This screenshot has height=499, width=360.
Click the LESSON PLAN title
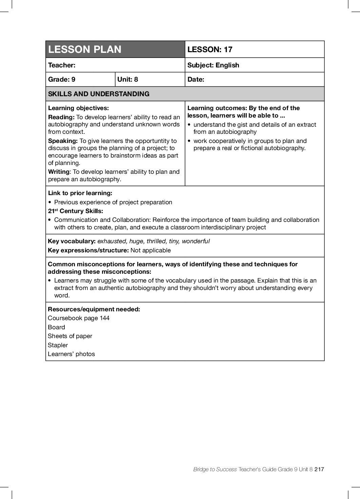click(x=85, y=49)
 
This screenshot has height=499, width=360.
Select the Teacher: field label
click(x=62, y=65)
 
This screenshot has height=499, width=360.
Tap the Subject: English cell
click(x=213, y=65)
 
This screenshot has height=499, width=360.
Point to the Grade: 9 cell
click(x=62, y=79)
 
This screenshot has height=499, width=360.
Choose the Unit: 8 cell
click(x=127, y=79)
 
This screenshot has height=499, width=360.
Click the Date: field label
click(x=196, y=79)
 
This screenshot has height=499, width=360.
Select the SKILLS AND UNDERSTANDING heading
click(x=99, y=94)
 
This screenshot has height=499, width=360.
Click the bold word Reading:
click(x=61, y=117)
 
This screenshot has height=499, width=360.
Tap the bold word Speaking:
click(x=63, y=141)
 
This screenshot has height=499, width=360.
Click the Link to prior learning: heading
click(x=80, y=193)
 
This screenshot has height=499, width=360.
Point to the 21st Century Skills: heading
click(x=75, y=211)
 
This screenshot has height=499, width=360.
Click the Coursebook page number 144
click(x=104, y=318)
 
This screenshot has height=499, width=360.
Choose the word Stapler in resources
click(x=58, y=345)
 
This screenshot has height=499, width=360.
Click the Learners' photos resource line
click(x=71, y=354)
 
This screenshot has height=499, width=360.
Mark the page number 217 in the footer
click(x=319, y=469)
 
